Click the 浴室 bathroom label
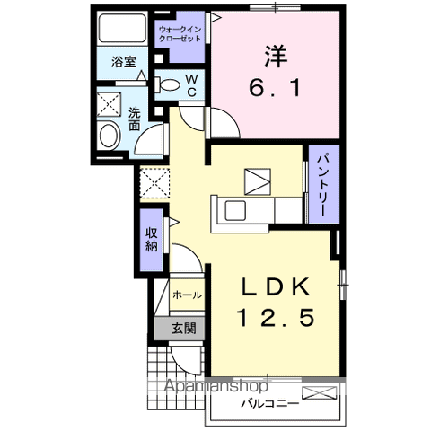[124, 62]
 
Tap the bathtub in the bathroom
[122, 28]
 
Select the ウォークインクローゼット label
[180, 34]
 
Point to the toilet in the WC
[167, 84]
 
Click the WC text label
[191, 86]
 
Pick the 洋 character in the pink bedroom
[276, 56]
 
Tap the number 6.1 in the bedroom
[275, 88]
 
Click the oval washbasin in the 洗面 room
[110, 136]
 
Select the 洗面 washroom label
[135, 119]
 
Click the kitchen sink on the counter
[235, 210]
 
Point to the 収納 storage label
[152, 239]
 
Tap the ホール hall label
[188, 295]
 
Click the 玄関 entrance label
[184, 329]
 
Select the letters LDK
[276, 286]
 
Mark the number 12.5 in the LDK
[276, 318]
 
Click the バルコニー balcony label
[270, 404]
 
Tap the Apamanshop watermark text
[216, 385]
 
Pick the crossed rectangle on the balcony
[320, 393]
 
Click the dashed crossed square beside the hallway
[154, 183]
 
